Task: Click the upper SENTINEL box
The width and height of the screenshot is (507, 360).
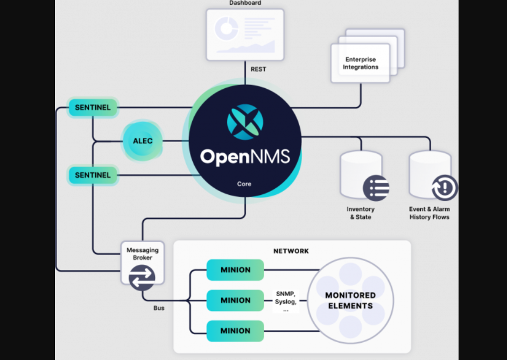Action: [x=93, y=108]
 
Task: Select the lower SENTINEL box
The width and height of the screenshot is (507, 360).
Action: [x=93, y=175]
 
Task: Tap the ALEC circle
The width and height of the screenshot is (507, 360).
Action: [x=143, y=141]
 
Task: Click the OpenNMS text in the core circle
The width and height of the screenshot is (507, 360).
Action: [x=245, y=157]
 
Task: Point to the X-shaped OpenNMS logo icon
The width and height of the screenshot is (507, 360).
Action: [x=245, y=122]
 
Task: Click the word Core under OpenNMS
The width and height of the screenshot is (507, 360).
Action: [x=244, y=184]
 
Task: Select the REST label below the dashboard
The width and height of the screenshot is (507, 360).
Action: [x=258, y=69]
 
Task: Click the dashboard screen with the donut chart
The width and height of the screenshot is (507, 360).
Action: [x=245, y=34]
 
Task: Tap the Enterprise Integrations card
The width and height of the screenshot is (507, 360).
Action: [x=361, y=63]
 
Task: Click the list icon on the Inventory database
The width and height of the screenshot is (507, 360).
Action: [x=376, y=188]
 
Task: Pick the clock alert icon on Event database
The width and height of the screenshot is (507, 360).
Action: [x=445, y=188]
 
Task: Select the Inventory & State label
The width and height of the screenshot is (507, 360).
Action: [x=361, y=213]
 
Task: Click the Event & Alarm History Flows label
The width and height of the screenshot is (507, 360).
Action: [x=429, y=213]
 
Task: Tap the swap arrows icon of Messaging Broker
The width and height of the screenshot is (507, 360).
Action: [x=142, y=278]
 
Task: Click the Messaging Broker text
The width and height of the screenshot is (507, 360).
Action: [x=143, y=254]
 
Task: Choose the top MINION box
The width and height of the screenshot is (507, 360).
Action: [x=235, y=270]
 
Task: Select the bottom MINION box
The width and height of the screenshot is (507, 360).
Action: [x=235, y=331]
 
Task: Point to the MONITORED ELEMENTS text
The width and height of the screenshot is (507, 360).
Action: [x=350, y=300]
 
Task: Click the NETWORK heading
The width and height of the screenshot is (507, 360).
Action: [x=291, y=251]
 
